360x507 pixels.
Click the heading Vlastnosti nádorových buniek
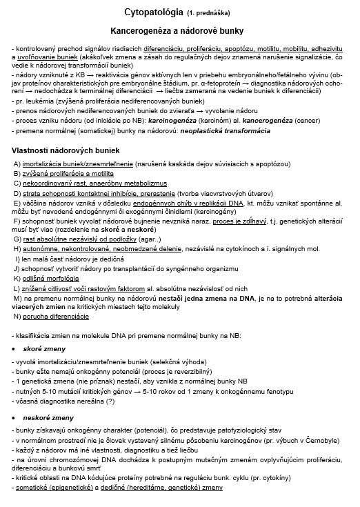[66, 150]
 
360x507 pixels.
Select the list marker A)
[17, 163]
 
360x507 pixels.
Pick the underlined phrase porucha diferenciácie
[56, 316]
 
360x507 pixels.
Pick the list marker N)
[17, 316]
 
